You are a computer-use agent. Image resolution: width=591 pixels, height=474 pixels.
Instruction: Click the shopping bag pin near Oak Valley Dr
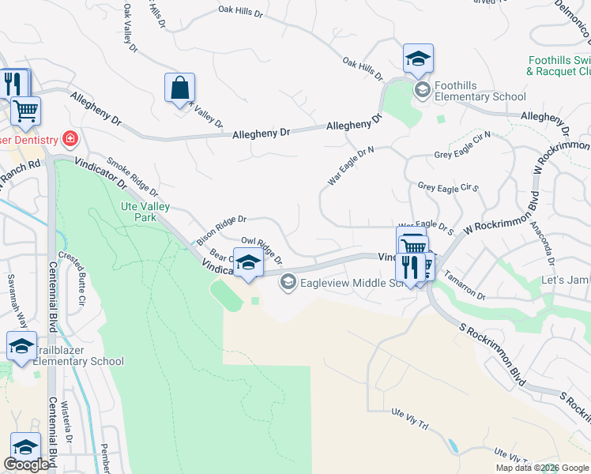(180, 88)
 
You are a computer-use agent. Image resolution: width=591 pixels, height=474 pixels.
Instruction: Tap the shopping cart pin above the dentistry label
(25, 113)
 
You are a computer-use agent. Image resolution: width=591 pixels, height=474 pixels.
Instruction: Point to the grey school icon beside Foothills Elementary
(422, 88)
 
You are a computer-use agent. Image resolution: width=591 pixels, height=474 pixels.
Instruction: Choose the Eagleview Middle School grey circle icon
(288, 281)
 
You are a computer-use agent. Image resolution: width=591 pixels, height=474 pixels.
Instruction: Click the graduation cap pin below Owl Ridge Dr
(248, 263)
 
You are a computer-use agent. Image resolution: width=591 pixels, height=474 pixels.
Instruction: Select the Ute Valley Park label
(145, 211)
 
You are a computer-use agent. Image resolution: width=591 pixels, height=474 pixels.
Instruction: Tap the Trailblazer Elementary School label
(77, 361)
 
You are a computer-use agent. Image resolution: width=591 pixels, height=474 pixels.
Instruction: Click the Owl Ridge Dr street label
(262, 249)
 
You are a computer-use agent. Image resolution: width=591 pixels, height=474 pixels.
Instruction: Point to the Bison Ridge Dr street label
(222, 228)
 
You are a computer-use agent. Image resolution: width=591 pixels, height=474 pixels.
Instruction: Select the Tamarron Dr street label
(466, 284)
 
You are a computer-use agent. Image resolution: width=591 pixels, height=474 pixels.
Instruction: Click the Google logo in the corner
(26, 465)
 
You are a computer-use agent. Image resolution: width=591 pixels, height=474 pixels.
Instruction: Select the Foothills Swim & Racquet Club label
(559, 66)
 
